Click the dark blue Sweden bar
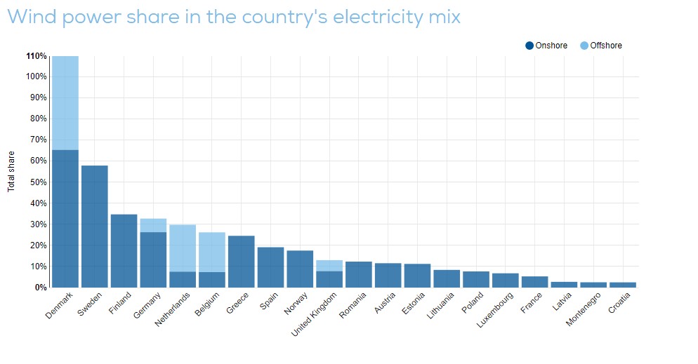pyautogui.click(x=95, y=226)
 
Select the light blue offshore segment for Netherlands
pyautogui.click(x=183, y=248)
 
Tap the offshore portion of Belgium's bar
pyautogui.click(x=212, y=252)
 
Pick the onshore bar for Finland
pyautogui.click(x=124, y=250)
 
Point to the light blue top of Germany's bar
pyautogui.click(x=153, y=225)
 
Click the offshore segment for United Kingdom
pyautogui.click(x=329, y=266)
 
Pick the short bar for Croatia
pyautogui.click(x=623, y=285)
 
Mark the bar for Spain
pyautogui.click(x=271, y=267)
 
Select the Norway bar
pyautogui.click(x=300, y=269)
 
